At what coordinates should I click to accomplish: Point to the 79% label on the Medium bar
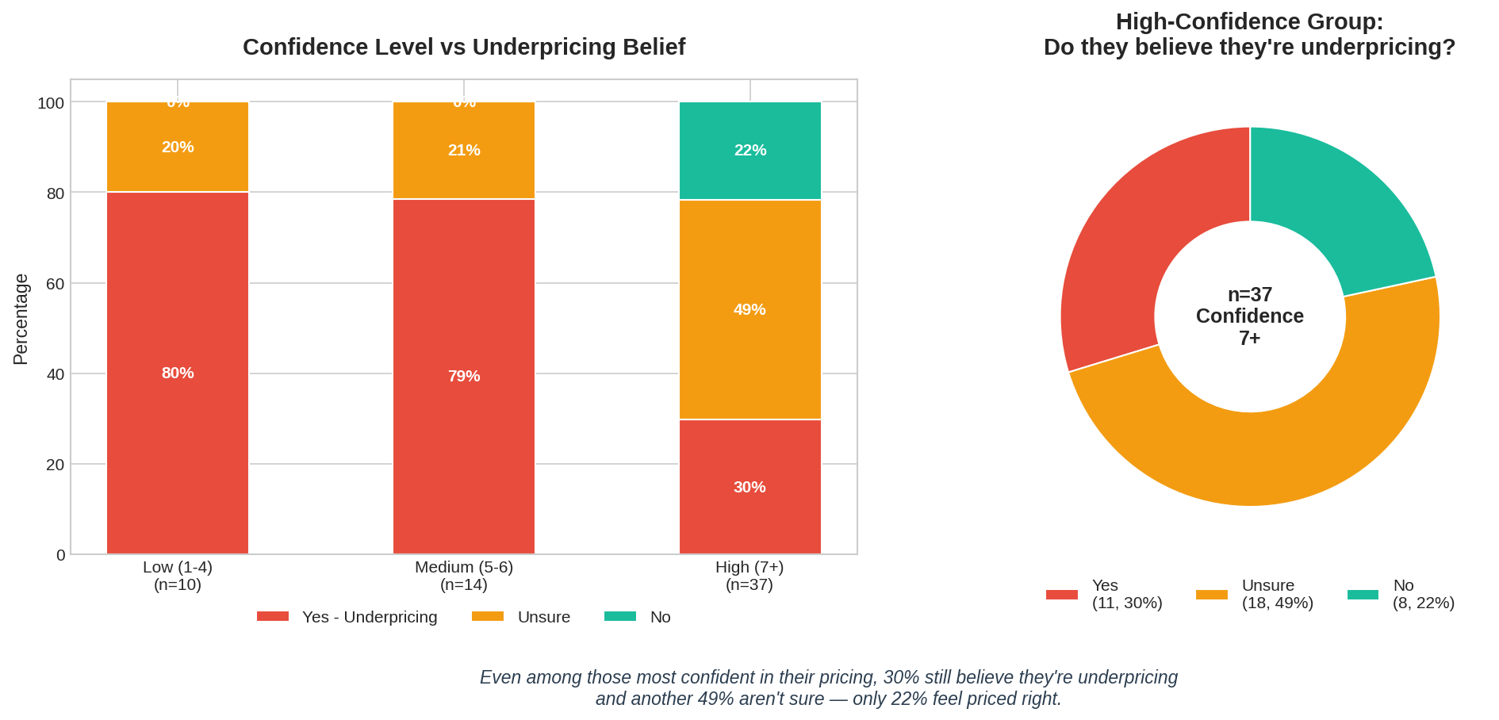(464, 377)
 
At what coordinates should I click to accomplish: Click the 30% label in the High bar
(749, 488)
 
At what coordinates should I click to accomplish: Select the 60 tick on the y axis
(56, 283)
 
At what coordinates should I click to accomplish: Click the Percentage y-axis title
(21, 320)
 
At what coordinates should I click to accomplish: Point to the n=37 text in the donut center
(1250, 295)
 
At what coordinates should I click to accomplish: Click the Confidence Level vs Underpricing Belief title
(464, 48)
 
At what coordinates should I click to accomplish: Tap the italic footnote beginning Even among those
(829, 687)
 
